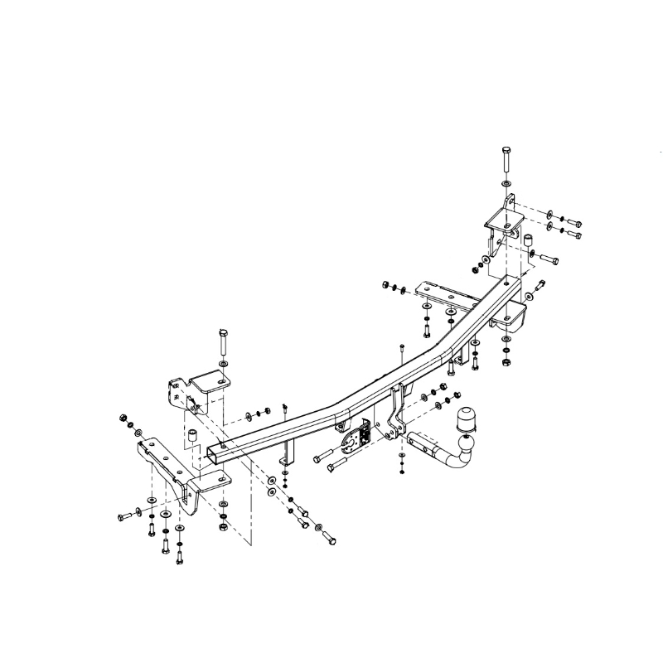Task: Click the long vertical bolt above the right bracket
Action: click(506, 159)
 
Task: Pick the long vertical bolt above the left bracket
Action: click(222, 341)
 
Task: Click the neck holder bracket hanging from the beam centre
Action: click(396, 414)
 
